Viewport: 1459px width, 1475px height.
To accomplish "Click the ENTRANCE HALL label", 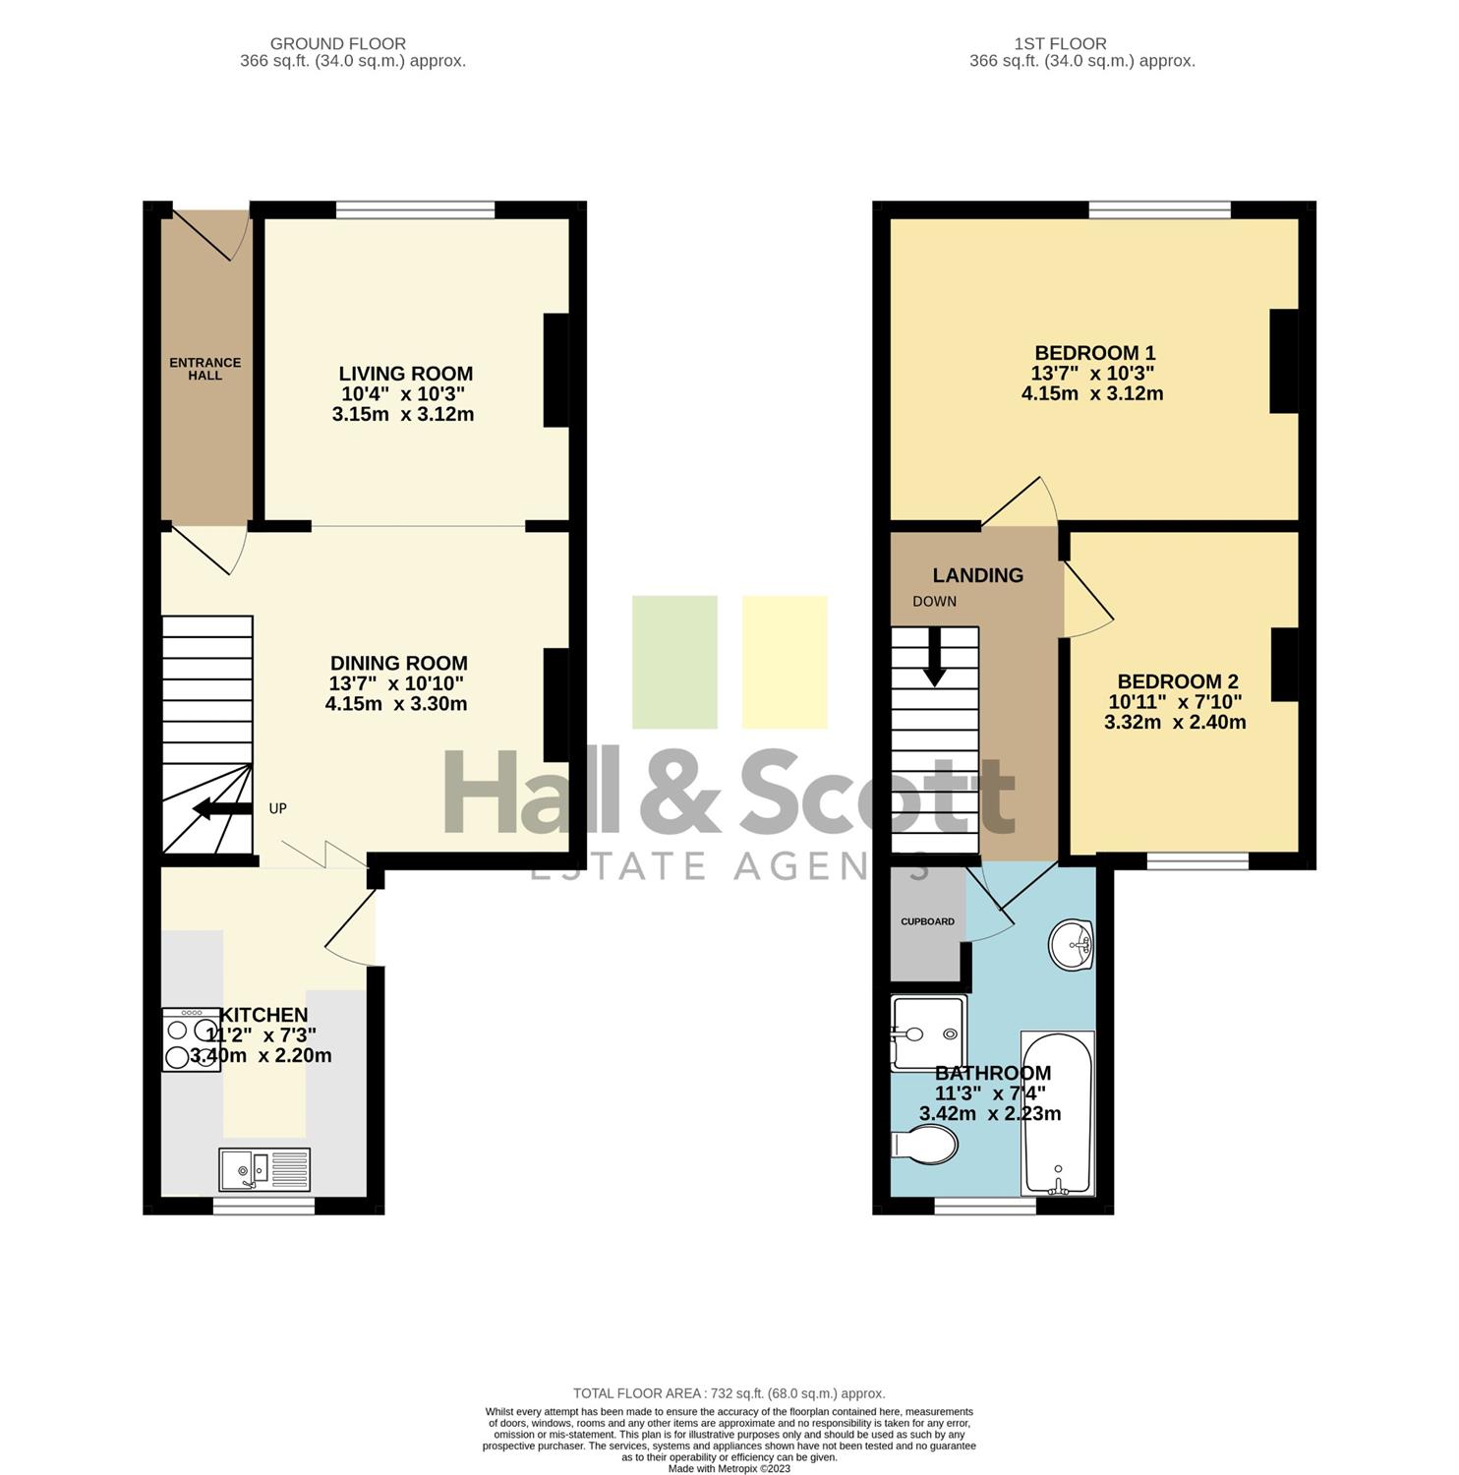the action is (x=204, y=369).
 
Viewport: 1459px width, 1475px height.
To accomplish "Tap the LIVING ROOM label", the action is (x=405, y=374).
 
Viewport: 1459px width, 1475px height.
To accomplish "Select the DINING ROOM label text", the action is (x=398, y=663).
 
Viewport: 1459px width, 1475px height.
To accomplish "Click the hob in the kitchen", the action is (x=192, y=1039).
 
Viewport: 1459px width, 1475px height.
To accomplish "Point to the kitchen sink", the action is (x=264, y=1169).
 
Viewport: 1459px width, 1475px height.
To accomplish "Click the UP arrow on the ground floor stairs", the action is (x=222, y=808).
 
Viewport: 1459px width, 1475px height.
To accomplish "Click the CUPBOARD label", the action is (x=927, y=921).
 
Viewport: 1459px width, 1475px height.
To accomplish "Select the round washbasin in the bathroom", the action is (x=1071, y=945).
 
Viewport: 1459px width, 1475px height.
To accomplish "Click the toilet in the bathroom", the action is (x=924, y=1145).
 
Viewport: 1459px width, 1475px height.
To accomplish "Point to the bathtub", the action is (x=1058, y=1113).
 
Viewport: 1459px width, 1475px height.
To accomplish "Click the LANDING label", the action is (x=977, y=575).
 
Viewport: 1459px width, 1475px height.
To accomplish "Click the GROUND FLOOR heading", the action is (x=337, y=43).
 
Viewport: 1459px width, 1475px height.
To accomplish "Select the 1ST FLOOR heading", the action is (x=1060, y=43).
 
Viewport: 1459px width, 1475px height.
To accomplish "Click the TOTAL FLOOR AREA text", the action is (x=729, y=1393).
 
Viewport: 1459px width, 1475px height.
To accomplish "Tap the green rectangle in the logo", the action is (x=674, y=662).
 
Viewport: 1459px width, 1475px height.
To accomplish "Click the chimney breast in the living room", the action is (x=556, y=370).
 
